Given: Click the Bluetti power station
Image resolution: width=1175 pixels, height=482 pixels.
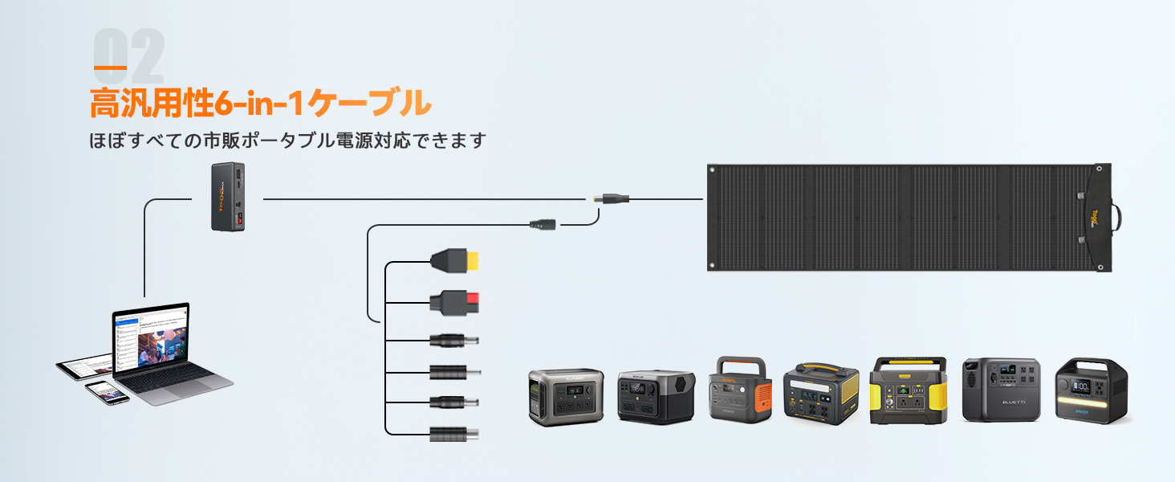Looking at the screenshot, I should tap(1001, 390).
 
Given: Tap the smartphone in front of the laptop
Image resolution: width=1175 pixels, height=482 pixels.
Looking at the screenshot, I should tap(107, 392).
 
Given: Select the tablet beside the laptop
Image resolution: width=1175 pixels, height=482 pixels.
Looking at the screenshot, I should tap(83, 367).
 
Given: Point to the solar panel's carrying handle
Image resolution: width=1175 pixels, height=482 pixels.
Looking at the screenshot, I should tap(1116, 217).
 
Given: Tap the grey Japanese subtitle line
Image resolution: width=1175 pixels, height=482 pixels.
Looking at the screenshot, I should tap(288, 141).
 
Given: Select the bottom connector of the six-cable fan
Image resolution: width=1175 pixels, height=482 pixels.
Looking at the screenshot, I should tap(454, 434).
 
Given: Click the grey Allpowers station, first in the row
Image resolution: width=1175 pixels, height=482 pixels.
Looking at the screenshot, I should tap(565, 396).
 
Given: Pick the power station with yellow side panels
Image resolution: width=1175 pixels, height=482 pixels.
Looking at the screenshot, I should tap(909, 390).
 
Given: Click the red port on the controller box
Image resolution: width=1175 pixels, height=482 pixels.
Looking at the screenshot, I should tap(238, 220).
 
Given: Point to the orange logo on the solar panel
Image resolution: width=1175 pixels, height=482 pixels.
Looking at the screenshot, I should tap(1095, 217).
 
